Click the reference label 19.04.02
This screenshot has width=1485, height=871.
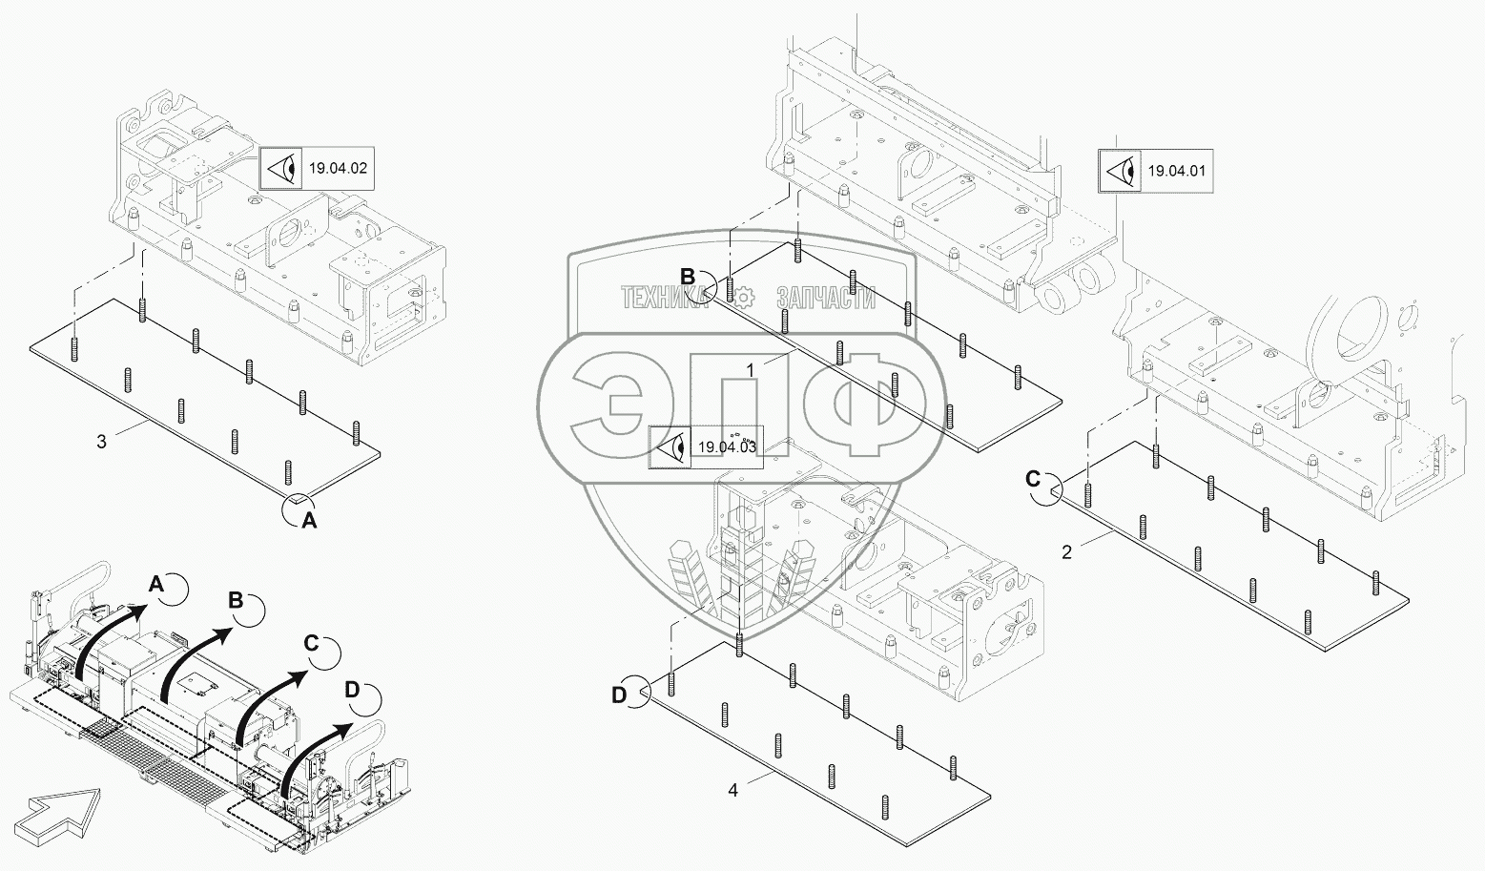337,169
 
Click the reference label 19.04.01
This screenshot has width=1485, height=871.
1176,172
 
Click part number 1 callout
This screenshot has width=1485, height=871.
751,368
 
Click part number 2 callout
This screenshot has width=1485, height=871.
1067,551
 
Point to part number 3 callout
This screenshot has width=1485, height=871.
102,441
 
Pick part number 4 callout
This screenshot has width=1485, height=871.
732,790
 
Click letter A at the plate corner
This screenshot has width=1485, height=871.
308,520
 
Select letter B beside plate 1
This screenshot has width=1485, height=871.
689,276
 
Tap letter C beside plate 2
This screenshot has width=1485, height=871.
1033,478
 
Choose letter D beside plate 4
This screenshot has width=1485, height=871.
619,695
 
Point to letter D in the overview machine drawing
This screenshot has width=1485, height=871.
352,689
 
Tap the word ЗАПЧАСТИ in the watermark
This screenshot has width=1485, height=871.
826,298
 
